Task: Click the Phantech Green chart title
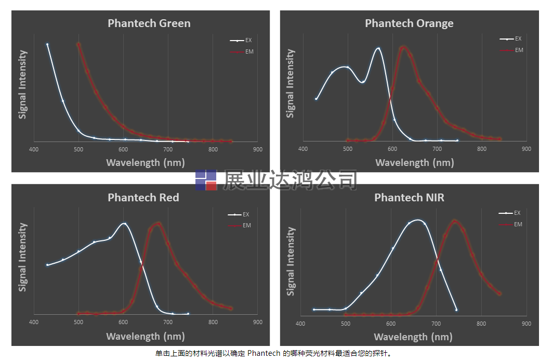(149, 23)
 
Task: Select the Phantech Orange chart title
(409, 23)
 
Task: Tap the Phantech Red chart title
(143, 198)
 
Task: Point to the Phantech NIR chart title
(409, 198)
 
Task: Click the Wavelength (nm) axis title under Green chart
(145, 162)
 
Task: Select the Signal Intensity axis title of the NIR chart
(291, 261)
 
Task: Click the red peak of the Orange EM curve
(403, 47)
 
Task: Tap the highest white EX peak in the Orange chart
(378, 48)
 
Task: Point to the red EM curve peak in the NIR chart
(455, 221)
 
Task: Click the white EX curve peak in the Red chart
(124, 224)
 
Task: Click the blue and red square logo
(206, 180)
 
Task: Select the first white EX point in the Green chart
(47, 45)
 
